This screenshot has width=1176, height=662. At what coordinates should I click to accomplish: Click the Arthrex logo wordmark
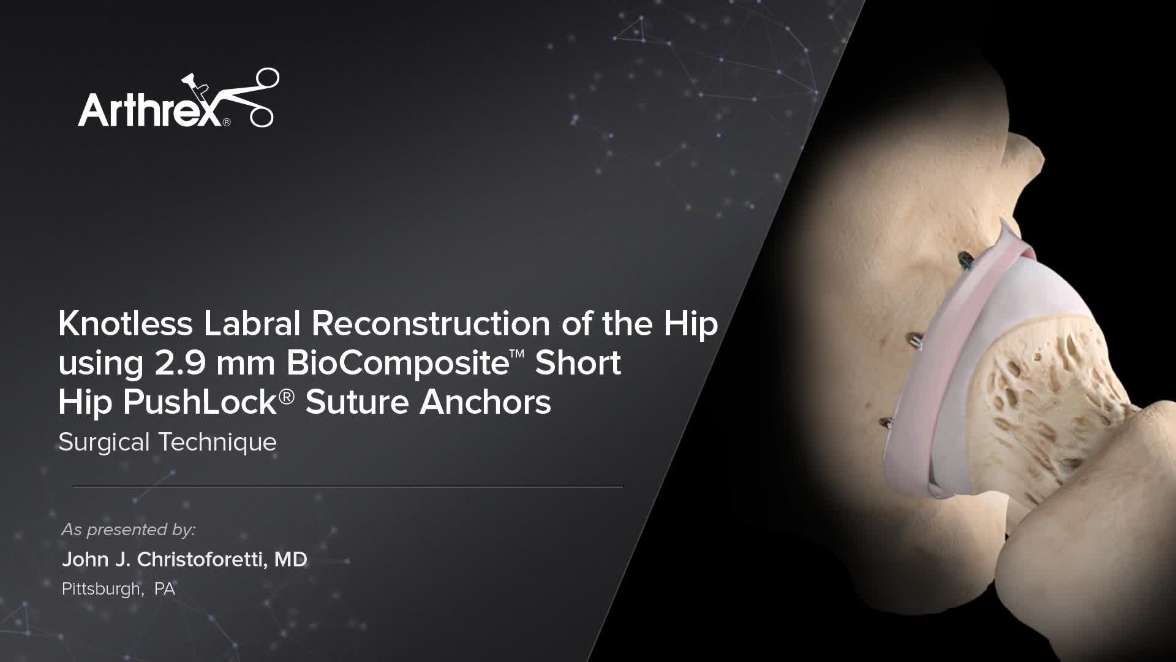pos(150,110)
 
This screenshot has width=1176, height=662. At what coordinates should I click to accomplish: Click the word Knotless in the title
pos(126,324)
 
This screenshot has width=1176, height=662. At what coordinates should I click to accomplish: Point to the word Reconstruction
pos(431,324)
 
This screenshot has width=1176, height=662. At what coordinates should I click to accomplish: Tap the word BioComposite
pos(398,363)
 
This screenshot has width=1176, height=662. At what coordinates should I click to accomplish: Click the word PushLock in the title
pos(200,402)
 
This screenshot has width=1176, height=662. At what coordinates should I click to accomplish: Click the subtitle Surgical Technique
pos(167,442)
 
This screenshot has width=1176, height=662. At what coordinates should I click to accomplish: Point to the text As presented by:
pos(129,530)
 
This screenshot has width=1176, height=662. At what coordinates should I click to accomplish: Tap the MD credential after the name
pos(290,560)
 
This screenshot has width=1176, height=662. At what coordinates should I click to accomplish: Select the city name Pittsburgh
pos(102,589)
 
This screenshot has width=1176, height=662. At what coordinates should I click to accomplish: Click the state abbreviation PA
pos(165,589)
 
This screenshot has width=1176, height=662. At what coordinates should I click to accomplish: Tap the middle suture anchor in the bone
pos(914,338)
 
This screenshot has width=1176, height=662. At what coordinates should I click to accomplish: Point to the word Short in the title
pos(578,363)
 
